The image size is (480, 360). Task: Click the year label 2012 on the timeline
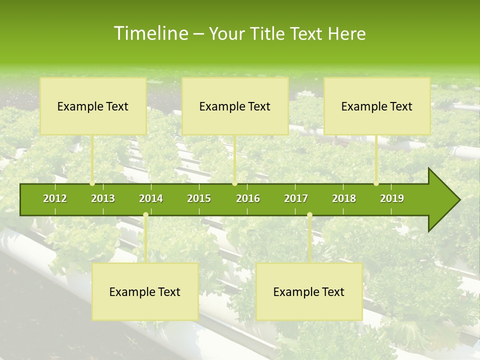(x=55, y=198)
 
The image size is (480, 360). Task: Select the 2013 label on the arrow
(x=103, y=198)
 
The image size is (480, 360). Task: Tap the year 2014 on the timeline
(x=151, y=198)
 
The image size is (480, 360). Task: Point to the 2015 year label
(x=199, y=198)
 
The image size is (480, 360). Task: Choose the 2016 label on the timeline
(x=248, y=198)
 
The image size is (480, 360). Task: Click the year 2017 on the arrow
(x=296, y=198)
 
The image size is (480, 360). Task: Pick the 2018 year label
(x=344, y=198)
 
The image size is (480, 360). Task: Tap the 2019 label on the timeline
(x=392, y=198)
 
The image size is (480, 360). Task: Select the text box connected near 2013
(x=93, y=106)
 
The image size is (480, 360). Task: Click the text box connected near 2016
(x=235, y=106)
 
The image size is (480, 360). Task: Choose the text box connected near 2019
(x=377, y=106)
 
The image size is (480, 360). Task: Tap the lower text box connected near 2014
(x=145, y=291)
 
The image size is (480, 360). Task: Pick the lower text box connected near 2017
(x=309, y=291)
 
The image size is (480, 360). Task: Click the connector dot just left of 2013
(x=92, y=183)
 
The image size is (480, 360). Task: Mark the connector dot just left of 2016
(x=234, y=183)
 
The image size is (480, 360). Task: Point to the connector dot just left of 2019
(x=376, y=183)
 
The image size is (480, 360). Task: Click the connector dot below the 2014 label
(x=145, y=215)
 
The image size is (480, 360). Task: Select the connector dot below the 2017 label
(x=309, y=215)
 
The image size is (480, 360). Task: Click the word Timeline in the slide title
(x=150, y=33)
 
